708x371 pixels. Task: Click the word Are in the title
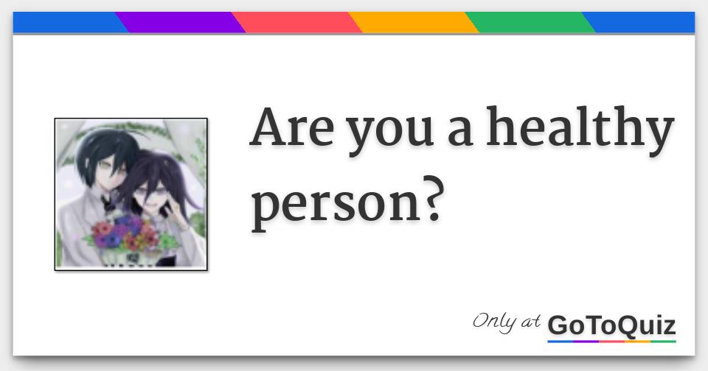291,127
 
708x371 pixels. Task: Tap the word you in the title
390,134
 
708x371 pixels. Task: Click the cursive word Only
494,322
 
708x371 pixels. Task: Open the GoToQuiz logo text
612,325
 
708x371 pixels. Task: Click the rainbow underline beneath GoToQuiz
612,342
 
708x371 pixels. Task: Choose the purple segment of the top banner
181,22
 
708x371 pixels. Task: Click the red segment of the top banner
297,22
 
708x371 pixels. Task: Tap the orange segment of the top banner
414,22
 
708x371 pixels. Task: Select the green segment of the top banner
530,22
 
